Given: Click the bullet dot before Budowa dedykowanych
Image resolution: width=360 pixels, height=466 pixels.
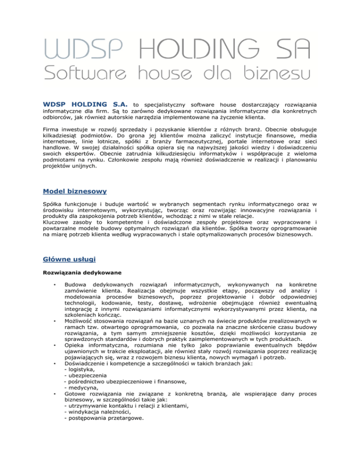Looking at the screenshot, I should click(x=55, y=285).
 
